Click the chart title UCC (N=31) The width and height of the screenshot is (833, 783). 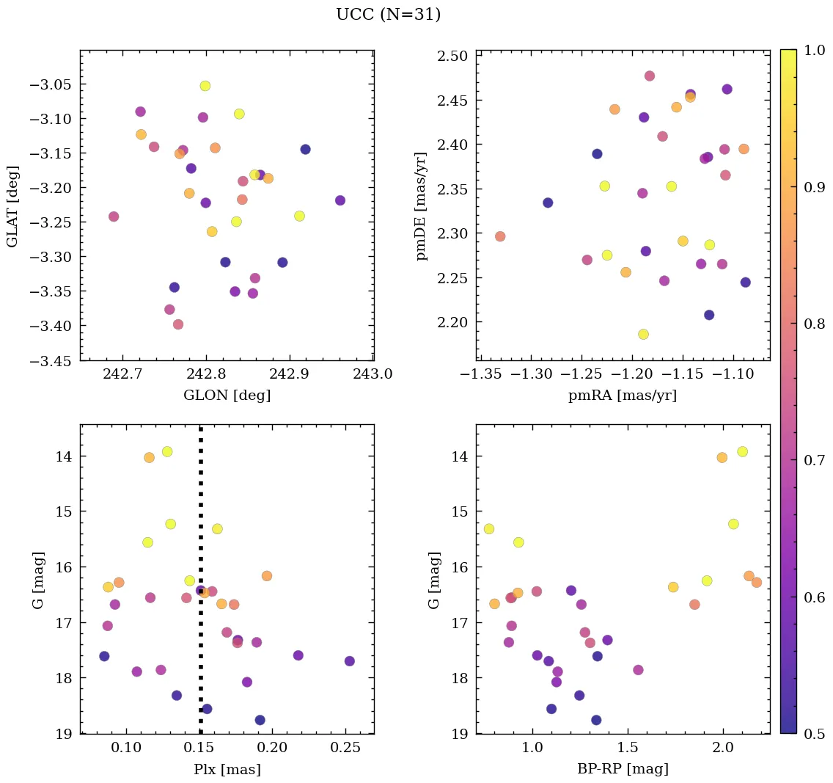click(388, 15)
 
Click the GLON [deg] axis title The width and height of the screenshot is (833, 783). click(227, 396)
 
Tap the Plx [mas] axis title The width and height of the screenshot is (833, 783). click(227, 770)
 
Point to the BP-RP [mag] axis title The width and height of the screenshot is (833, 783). click(623, 770)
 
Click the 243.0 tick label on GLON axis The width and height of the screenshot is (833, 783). click(373, 375)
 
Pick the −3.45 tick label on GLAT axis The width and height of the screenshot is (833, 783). click(50, 360)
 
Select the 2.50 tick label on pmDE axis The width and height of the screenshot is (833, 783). click(452, 56)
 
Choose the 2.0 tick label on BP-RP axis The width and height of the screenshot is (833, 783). click(723, 749)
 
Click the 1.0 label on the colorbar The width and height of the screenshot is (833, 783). click(813, 51)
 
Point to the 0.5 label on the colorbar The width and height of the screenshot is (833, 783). click(813, 733)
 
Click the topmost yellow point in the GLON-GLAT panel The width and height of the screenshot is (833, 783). click(205, 86)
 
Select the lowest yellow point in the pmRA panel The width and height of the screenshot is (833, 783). click(643, 335)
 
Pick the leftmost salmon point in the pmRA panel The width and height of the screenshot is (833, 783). click(500, 236)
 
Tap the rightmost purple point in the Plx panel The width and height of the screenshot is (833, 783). click(349, 661)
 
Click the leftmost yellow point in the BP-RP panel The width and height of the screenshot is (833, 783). click(489, 529)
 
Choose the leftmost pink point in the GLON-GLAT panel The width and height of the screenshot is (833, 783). click(114, 216)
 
